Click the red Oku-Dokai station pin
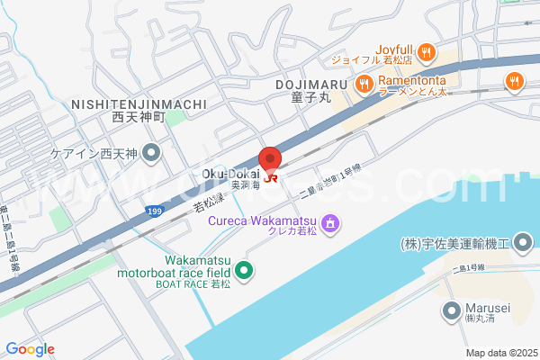pyautogui.click(x=269, y=158)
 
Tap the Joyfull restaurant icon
pyautogui.click(x=427, y=50)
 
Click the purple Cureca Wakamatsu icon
pyautogui.click(x=331, y=221)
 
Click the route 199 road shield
pyautogui.click(x=155, y=211)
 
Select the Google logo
pyautogui.click(x=30, y=349)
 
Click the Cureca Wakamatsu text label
pyautogui.click(x=262, y=220)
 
